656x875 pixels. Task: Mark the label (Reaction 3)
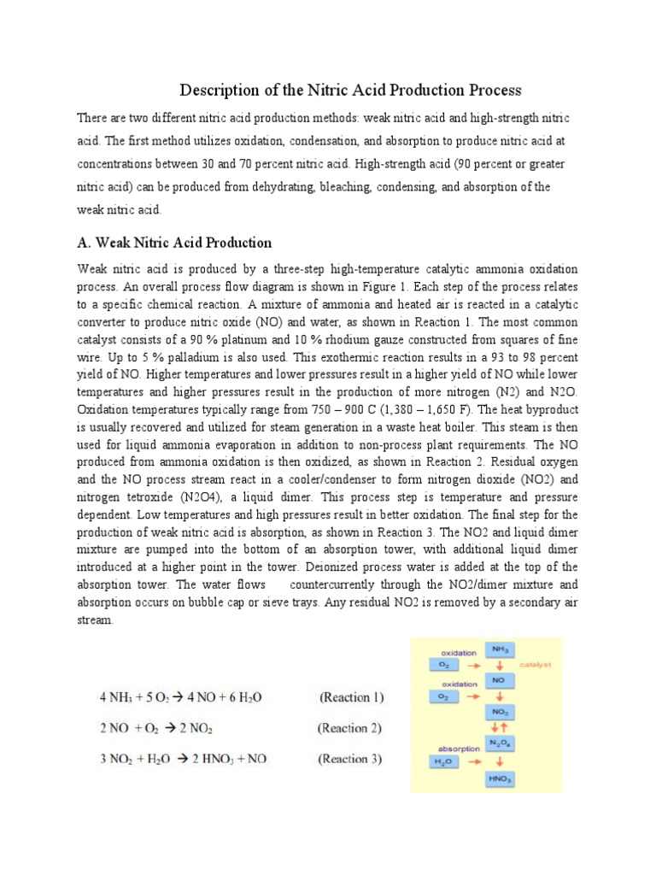click(x=350, y=759)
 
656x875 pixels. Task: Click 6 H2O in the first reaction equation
click(x=242, y=697)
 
